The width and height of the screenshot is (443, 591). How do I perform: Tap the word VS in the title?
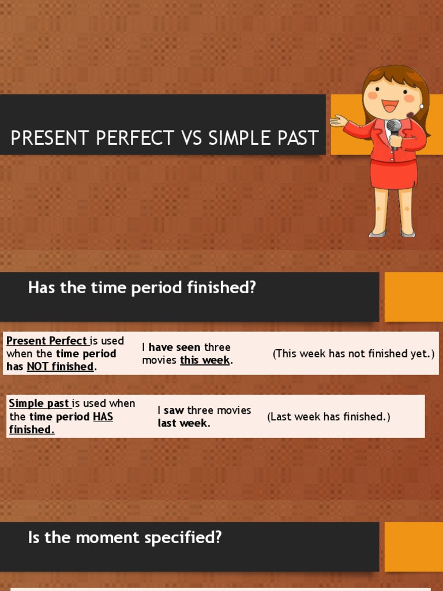190,139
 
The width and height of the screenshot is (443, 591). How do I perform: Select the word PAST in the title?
294,139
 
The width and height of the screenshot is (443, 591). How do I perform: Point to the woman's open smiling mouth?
390,106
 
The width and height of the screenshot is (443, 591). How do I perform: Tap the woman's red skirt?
393,174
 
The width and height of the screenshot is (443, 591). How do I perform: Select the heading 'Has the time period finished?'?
142,287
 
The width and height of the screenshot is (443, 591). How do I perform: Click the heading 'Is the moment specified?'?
125,538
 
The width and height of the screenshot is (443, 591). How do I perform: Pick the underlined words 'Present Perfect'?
47,341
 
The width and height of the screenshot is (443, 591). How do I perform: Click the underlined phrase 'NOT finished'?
60,366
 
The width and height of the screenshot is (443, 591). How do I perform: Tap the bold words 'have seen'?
175,347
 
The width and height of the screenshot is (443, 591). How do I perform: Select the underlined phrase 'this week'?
205,360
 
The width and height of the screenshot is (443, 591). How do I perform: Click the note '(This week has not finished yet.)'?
353,354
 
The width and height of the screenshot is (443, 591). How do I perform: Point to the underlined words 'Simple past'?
39,403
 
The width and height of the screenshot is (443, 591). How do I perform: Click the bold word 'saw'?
174,410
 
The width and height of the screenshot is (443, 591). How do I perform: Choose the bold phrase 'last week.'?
184,423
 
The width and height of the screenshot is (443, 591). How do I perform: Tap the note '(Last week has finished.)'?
328,417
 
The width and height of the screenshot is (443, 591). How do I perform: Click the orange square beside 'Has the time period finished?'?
413,297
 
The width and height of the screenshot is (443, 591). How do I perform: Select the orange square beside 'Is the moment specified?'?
413,547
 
